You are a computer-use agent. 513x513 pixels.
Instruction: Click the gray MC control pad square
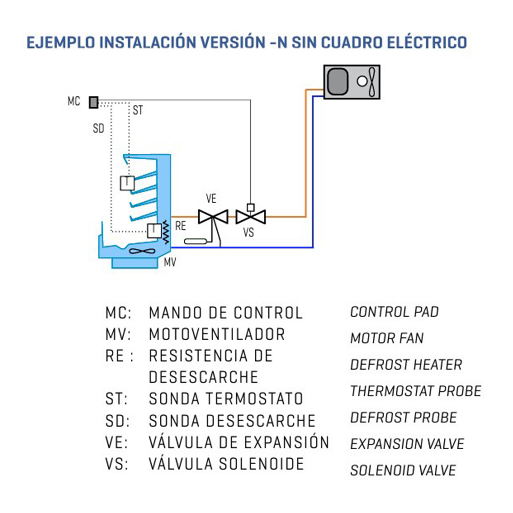click(x=94, y=102)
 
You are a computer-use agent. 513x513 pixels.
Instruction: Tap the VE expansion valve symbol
click(x=213, y=217)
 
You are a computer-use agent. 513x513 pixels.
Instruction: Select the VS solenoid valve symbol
click(x=251, y=217)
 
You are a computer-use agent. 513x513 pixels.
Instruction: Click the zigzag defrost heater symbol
click(x=166, y=232)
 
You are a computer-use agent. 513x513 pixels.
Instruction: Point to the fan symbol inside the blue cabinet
click(x=142, y=251)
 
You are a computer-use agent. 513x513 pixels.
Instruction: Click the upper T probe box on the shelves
click(x=127, y=183)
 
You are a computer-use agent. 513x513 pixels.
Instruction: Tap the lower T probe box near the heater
click(x=154, y=231)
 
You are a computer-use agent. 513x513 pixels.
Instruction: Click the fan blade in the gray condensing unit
click(x=372, y=82)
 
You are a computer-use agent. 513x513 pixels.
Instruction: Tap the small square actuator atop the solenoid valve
click(x=251, y=207)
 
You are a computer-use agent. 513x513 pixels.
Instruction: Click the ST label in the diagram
click(x=138, y=110)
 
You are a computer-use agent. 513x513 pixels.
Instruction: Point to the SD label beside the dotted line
click(x=98, y=129)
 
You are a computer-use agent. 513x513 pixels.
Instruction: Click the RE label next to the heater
click(x=180, y=226)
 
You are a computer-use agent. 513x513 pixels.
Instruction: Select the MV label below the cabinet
click(x=170, y=262)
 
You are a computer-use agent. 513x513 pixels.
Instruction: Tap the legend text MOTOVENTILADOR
click(x=217, y=334)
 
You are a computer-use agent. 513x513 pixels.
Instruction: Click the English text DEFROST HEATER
click(x=406, y=365)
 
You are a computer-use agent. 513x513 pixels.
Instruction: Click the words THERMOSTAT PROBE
click(x=416, y=391)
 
